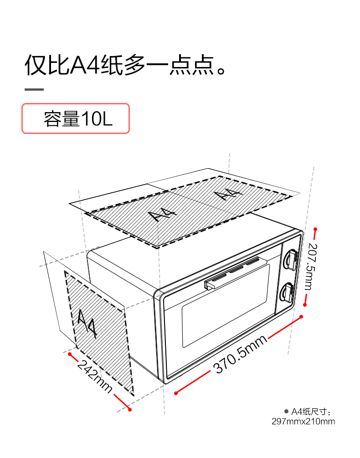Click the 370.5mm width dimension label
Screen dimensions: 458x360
(x=240, y=355)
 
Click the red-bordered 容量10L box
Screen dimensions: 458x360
(x=76, y=118)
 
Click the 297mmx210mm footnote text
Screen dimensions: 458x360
(x=303, y=422)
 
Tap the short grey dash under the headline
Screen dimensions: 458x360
(x=34, y=89)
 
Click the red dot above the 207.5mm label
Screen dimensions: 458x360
(x=315, y=230)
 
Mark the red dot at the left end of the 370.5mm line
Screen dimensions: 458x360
(x=176, y=392)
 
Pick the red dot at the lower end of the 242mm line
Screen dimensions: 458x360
(x=130, y=410)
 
